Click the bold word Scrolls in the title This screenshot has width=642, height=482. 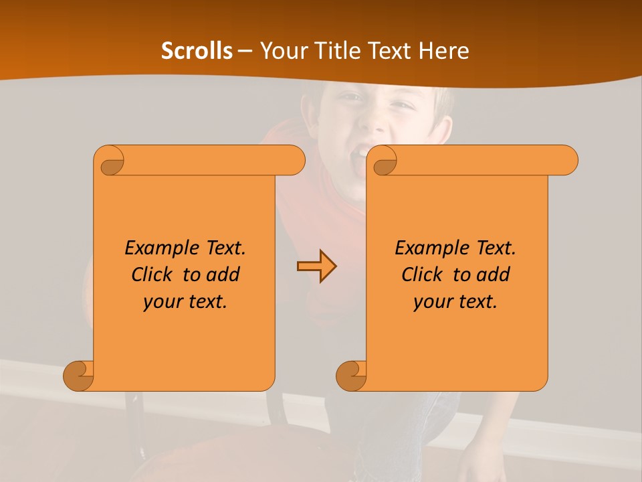[x=197, y=51]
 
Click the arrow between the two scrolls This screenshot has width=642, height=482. [x=316, y=266]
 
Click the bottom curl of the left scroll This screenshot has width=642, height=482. [x=79, y=376]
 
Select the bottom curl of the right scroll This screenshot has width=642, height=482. [x=351, y=376]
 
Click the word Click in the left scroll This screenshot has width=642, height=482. [x=151, y=274]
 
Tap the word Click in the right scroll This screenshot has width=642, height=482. [x=421, y=274]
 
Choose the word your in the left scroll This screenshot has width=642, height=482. [x=161, y=302]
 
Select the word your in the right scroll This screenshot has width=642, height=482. [x=431, y=302]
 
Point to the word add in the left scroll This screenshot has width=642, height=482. [x=223, y=274]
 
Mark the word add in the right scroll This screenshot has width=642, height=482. [x=493, y=274]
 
